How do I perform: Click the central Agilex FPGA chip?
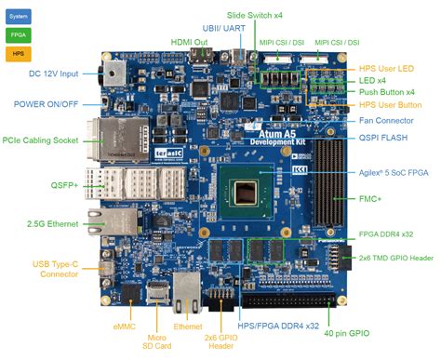click(247, 193)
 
